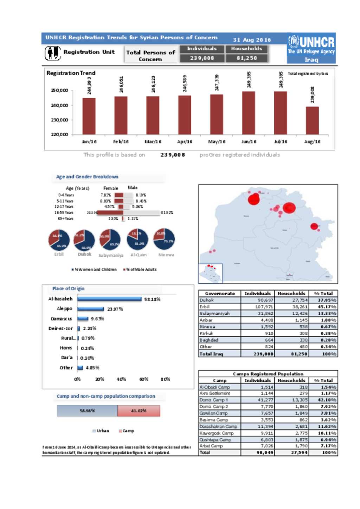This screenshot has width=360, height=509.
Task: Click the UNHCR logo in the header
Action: (x=311, y=48)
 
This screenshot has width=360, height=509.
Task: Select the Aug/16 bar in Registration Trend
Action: (x=312, y=120)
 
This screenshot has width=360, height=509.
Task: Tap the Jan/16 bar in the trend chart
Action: (x=89, y=116)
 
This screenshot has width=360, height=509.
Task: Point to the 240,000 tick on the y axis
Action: (x=59, y=105)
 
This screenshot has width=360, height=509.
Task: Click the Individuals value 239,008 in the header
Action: (x=202, y=58)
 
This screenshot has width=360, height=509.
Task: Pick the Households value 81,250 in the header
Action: (x=246, y=58)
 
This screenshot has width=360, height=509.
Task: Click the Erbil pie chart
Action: (x=59, y=240)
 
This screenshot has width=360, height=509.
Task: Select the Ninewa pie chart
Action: (x=164, y=239)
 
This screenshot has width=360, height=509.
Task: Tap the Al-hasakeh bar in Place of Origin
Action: (x=110, y=299)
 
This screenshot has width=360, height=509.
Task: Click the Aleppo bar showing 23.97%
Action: (x=91, y=309)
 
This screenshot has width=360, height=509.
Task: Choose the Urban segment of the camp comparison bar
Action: (x=87, y=411)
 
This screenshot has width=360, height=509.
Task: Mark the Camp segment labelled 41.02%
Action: (x=139, y=411)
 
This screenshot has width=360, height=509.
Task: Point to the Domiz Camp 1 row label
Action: (x=214, y=400)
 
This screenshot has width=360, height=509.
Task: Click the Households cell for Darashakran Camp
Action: (x=291, y=426)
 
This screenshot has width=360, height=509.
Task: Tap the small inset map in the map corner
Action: (x=211, y=273)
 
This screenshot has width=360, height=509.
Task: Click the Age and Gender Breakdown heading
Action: (x=87, y=177)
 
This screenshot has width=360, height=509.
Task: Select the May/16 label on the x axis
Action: (x=217, y=142)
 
